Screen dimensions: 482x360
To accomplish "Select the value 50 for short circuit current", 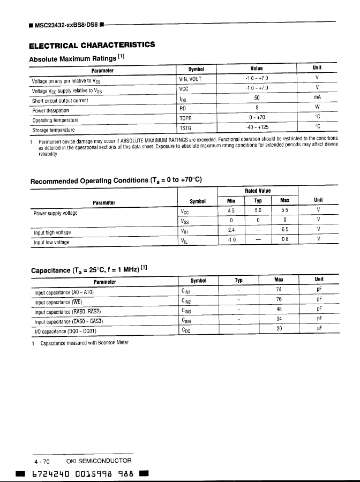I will [x=257, y=98].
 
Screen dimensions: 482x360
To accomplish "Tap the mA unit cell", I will [x=317, y=98].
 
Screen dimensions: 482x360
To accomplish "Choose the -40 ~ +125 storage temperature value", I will [x=257, y=127].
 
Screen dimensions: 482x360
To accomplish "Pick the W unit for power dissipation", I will [x=317, y=108].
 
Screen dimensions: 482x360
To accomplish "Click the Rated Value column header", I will [x=258, y=191].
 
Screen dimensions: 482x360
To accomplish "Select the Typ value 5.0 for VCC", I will [x=258, y=210].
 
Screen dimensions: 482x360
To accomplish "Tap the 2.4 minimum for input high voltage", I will [x=231, y=230].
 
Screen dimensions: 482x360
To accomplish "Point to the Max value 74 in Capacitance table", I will [x=279, y=290].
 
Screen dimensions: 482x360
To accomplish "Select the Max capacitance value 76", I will [x=279, y=299].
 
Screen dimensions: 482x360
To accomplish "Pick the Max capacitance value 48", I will [x=279, y=309].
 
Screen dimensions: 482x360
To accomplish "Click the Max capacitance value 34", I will [x=279, y=319].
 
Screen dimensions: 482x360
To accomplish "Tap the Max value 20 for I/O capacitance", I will [x=279, y=329].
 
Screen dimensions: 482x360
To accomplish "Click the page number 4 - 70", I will [x=42, y=461].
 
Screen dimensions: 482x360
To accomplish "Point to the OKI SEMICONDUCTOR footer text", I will [x=99, y=461].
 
